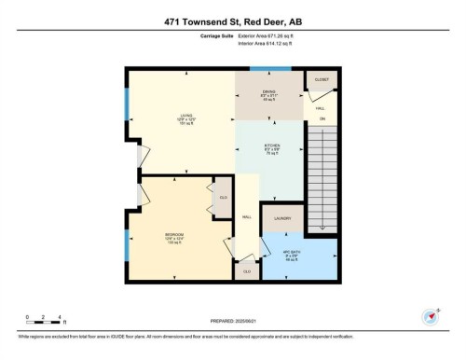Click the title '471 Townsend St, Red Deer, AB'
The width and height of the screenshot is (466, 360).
click(233, 17)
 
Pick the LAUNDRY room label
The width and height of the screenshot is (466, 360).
click(282, 219)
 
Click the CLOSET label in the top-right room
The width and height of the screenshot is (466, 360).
click(322, 80)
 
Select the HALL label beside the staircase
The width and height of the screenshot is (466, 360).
click(322, 109)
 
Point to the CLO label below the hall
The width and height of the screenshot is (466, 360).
click(247, 270)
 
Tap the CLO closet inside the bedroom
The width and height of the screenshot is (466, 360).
click(224, 197)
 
